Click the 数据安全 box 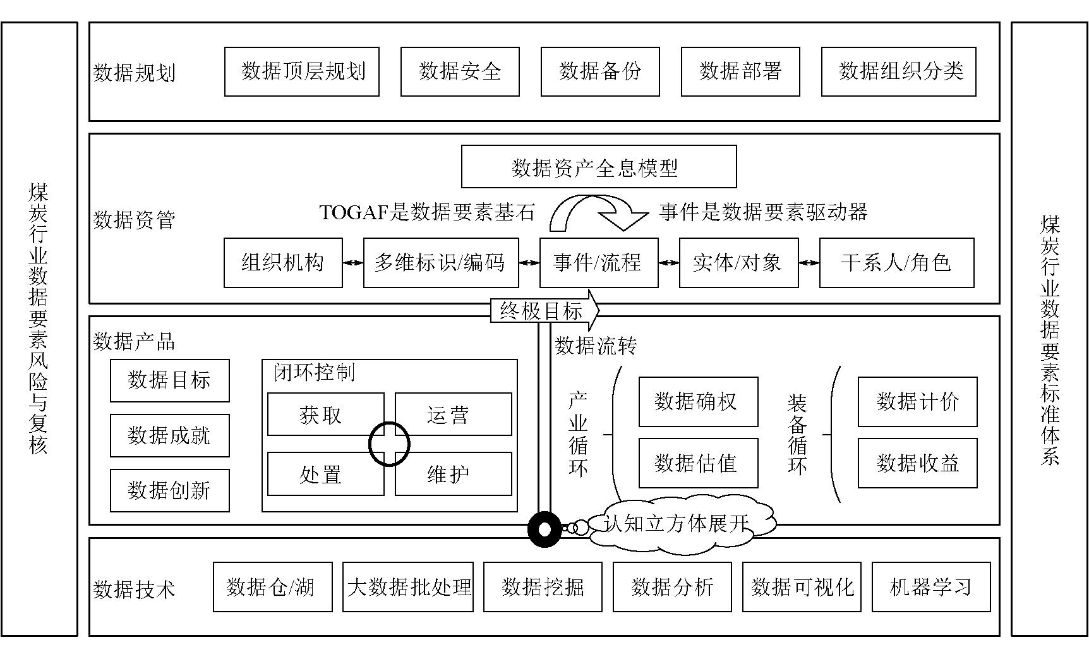coord(460,72)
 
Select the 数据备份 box coord(600,72)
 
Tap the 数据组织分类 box coord(898,72)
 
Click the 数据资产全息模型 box coord(599,167)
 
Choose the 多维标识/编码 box coord(441,263)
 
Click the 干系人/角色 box coord(896,263)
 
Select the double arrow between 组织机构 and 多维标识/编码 coord(353,263)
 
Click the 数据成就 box coord(169,435)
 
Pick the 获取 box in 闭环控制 coord(325,414)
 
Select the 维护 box coord(453,474)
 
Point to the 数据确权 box coord(698,402)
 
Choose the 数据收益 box coord(917,463)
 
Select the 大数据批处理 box coord(408,587)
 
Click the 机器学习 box coord(931,587)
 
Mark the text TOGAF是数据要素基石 coord(427,212)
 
